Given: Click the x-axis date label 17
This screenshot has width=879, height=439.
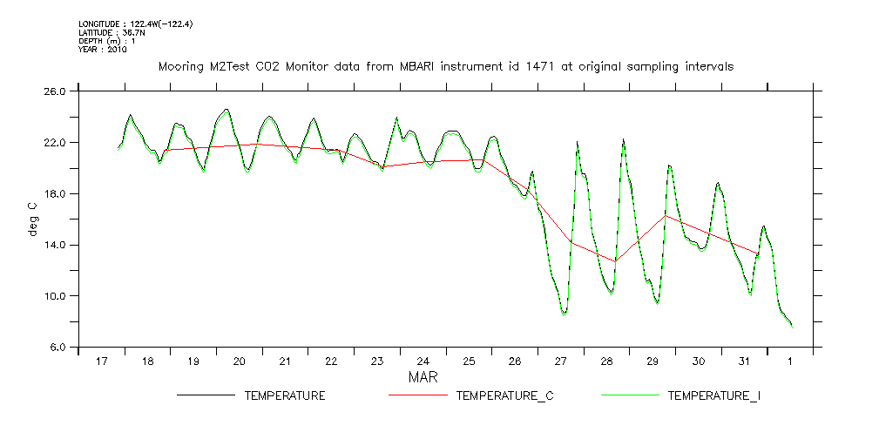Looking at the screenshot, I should tap(101, 361).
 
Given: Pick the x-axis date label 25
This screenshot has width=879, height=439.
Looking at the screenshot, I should tap(469, 361).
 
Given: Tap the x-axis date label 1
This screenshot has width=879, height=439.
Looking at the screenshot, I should tap(790, 361).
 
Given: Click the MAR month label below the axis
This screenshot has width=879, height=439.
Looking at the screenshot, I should tap(423, 378).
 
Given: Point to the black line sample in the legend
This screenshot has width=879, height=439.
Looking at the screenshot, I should tap(206, 396).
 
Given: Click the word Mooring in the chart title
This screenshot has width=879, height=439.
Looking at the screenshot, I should tap(180, 66).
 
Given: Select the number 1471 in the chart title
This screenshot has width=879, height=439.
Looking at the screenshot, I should tap(532, 66).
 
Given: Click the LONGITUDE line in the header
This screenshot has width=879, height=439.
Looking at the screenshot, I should tap(135, 24).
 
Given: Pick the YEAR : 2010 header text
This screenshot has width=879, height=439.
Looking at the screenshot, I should tap(103, 50).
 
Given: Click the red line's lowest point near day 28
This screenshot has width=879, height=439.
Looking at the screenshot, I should tap(616, 260).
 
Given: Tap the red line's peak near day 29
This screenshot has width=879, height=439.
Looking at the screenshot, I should tap(665, 215).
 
